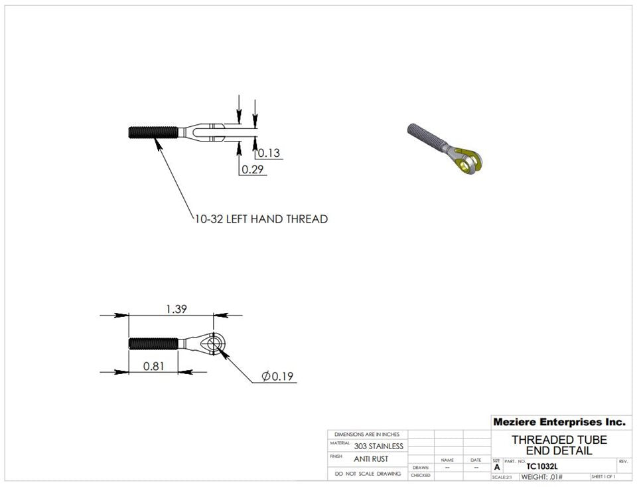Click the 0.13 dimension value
pyautogui.click(x=269, y=153)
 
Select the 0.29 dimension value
pyautogui.click(x=252, y=169)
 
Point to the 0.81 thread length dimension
pyautogui.click(x=153, y=365)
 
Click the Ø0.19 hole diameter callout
pyautogui.click(x=278, y=377)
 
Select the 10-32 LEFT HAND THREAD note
pyautogui.click(x=261, y=219)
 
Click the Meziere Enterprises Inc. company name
pyautogui.click(x=559, y=422)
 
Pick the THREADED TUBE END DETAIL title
pyautogui.click(x=559, y=445)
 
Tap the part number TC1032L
pyautogui.click(x=542, y=467)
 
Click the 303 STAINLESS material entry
pyautogui.click(x=378, y=446)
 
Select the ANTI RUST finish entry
pyautogui.click(x=371, y=458)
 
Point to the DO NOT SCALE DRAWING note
pyautogui.click(x=368, y=474)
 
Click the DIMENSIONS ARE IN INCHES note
pyautogui.click(x=368, y=434)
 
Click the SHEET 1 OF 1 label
pyautogui.click(x=602, y=477)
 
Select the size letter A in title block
pyautogui.click(x=496, y=467)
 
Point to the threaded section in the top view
pyautogui.click(x=153, y=132)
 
